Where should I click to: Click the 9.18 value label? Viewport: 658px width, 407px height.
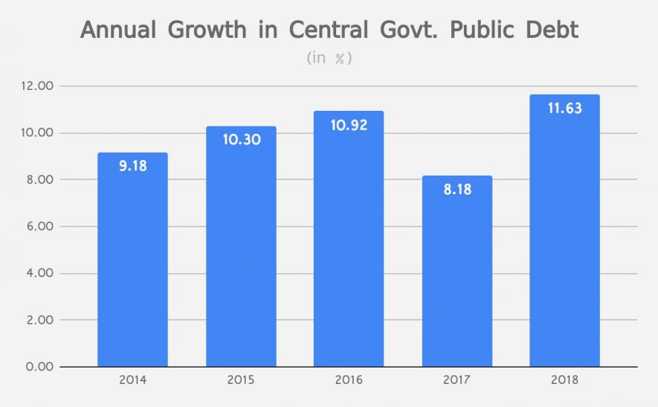coord(132,165)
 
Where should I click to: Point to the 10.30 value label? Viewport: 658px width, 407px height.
coord(241,139)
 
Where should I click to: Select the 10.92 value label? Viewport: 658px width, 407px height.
coord(349,124)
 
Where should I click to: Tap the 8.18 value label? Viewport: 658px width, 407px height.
coord(457,189)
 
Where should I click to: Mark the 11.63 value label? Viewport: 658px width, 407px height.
coord(564,108)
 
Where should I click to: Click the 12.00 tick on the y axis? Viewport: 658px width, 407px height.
coord(36,86)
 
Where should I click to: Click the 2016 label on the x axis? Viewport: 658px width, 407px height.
coord(349,380)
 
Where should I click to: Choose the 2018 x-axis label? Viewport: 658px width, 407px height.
coord(564,380)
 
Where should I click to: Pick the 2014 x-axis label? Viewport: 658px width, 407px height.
coord(132,380)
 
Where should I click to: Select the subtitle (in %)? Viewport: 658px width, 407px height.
coord(329,58)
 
